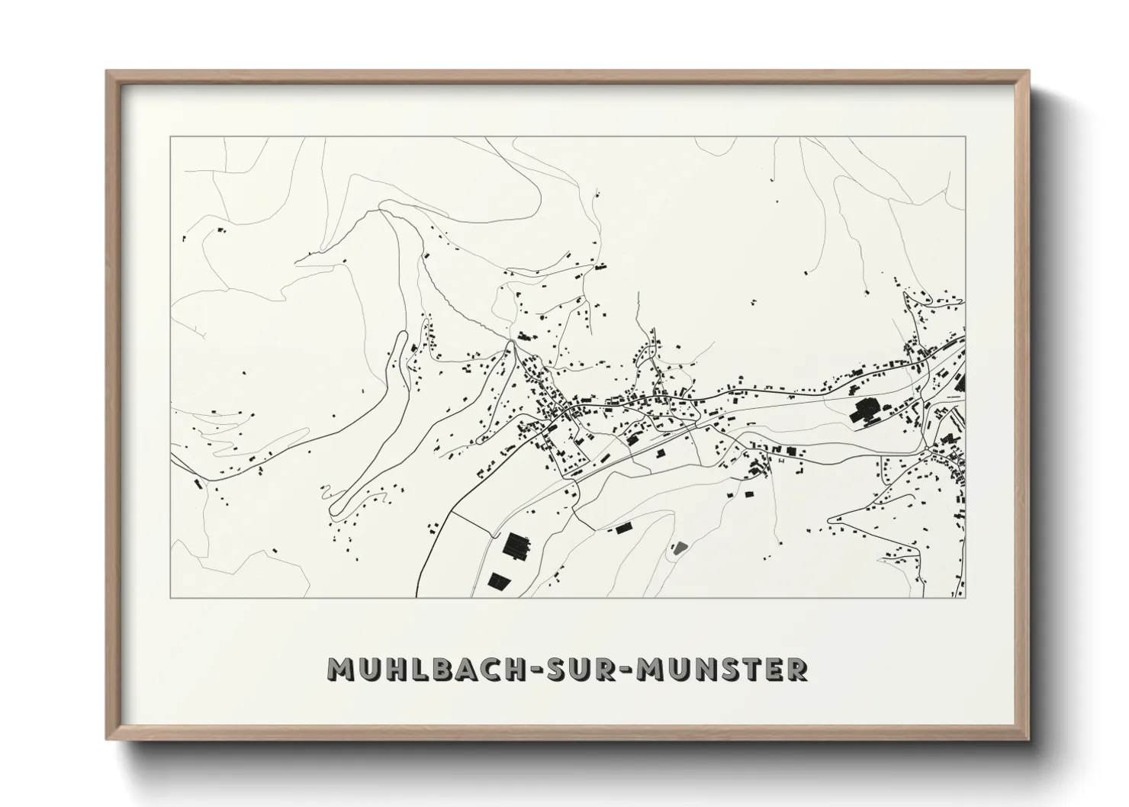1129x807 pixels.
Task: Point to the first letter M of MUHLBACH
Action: coord(339,670)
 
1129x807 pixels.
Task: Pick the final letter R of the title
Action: coord(796,670)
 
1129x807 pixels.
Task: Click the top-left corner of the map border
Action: coord(171,137)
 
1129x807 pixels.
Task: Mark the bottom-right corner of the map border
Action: coord(965,598)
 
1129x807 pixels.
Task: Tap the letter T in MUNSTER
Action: coord(750,670)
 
